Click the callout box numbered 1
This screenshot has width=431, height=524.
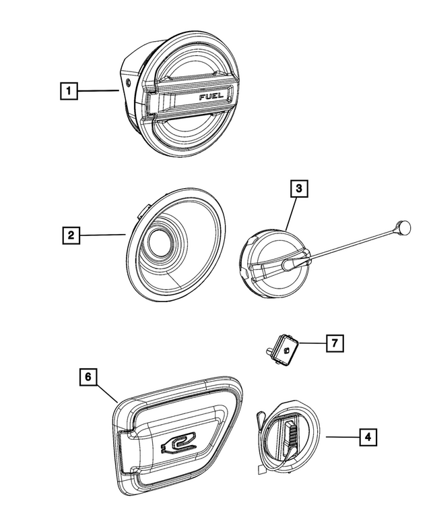pos(67,89)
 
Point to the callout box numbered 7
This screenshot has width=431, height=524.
pos(333,343)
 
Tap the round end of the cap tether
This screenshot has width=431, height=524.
pos(403,227)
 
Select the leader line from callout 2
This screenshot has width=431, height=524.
pos(101,235)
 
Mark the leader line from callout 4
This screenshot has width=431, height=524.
pos(341,438)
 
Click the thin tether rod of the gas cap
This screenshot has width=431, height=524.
pos(350,247)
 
